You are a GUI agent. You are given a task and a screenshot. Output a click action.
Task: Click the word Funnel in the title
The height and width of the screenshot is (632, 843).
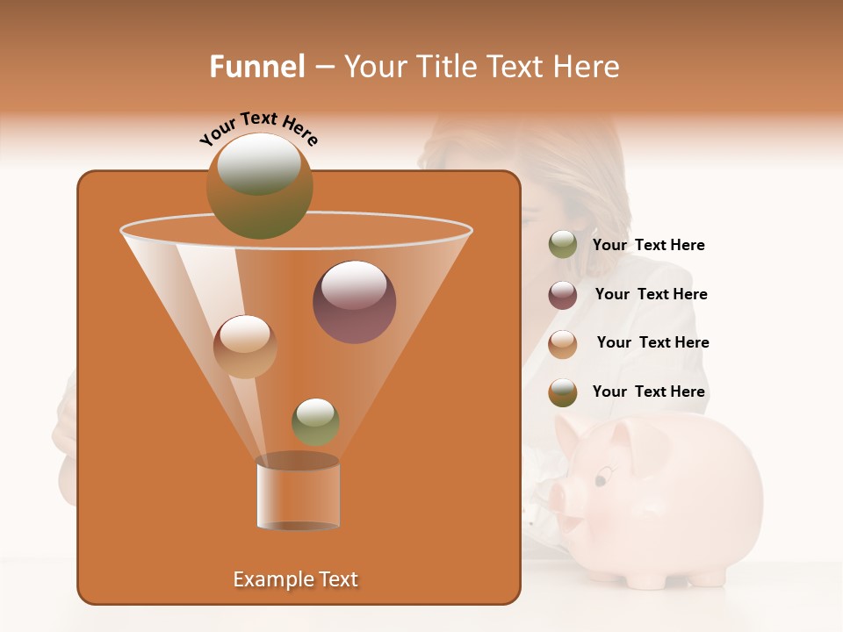(256, 67)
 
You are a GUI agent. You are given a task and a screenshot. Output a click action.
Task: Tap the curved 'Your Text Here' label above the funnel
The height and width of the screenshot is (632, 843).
(259, 129)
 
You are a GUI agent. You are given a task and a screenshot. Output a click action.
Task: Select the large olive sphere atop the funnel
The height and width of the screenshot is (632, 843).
(259, 185)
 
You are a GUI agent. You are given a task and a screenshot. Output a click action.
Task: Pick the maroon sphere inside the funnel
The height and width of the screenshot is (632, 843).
(354, 302)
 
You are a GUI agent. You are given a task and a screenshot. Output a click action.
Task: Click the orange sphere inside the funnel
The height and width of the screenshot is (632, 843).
(245, 347)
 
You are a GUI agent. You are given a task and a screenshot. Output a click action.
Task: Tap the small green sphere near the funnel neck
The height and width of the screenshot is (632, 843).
(315, 421)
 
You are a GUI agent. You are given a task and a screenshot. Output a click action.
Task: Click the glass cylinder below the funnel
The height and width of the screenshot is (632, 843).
(298, 493)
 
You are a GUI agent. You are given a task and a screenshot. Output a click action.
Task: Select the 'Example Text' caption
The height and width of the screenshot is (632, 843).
(296, 579)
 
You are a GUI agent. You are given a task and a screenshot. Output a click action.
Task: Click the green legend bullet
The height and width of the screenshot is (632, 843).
(563, 245)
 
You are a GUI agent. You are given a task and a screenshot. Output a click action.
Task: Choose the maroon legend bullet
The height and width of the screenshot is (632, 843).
(563, 295)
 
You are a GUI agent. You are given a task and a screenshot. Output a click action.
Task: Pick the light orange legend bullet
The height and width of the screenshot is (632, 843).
(563, 343)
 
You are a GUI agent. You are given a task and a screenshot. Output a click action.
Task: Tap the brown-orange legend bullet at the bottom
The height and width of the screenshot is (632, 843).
(563, 392)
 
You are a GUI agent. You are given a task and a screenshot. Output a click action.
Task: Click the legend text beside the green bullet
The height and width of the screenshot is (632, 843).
(648, 246)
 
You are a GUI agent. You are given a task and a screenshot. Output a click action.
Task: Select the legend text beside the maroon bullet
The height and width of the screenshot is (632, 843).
(651, 295)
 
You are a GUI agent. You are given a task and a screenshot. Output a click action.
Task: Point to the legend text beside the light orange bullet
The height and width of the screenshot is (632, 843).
(652, 343)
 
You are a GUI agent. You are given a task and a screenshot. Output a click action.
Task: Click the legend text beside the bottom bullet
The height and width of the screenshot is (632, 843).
(648, 392)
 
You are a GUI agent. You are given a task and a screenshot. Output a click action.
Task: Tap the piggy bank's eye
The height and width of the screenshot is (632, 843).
(602, 479)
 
